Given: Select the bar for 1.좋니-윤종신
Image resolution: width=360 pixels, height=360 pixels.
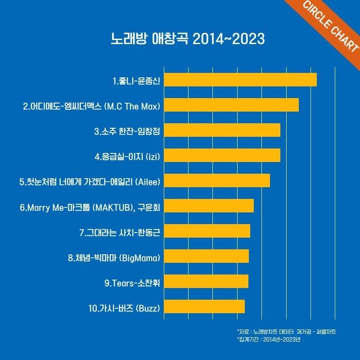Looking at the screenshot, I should click(x=240, y=79).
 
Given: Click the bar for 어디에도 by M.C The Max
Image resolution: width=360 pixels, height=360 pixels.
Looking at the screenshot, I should click(x=231, y=104).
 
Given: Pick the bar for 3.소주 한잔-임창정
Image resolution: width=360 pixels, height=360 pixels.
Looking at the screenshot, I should click(x=222, y=130).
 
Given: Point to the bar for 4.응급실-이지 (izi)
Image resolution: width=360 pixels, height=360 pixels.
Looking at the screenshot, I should click(x=222, y=155).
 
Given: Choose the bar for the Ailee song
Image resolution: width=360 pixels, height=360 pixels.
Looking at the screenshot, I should click(x=217, y=180).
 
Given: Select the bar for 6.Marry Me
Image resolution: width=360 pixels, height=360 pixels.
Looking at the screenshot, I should click(x=209, y=206).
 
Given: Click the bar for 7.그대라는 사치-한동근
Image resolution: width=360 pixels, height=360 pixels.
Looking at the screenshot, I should click(x=207, y=231).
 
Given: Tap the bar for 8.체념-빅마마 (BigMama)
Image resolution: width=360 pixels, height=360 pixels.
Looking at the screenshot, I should click(x=207, y=256).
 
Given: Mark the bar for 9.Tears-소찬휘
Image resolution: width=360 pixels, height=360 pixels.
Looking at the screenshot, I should click(x=206, y=281).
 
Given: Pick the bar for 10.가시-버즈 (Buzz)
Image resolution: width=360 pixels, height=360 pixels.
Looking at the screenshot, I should click(x=204, y=306).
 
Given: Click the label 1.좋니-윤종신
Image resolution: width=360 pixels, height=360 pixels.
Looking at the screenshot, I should click(x=137, y=81).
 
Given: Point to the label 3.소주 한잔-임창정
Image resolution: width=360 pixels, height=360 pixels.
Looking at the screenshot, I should click(x=127, y=132).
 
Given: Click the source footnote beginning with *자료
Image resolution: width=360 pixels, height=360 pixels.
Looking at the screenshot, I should click(x=287, y=332).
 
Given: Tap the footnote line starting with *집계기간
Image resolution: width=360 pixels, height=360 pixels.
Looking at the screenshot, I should click(x=268, y=339).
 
